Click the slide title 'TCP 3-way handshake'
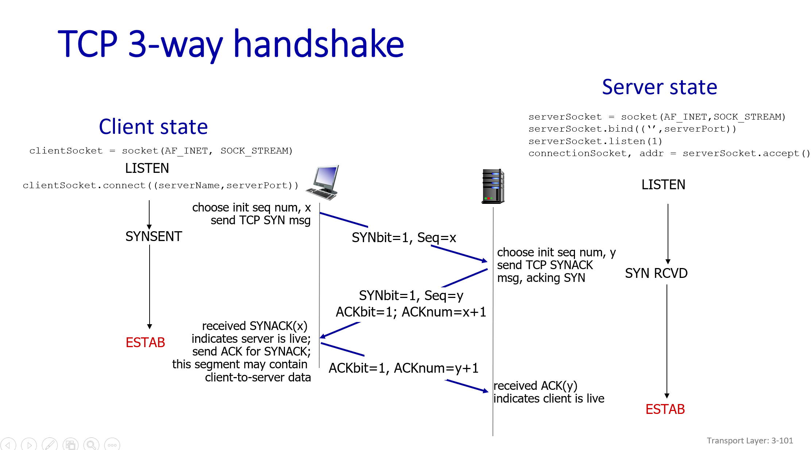(231, 44)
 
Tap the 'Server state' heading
(660, 87)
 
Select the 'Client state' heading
(153, 127)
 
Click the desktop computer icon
(323, 182)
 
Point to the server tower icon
(493, 186)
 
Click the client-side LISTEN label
(147, 168)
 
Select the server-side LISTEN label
(663, 185)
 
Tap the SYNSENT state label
(154, 236)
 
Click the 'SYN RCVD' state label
(656, 273)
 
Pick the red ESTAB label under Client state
(145, 342)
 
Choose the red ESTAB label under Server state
(665, 409)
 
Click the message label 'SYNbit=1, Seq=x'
(404, 237)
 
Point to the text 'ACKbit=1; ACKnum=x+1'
(411, 312)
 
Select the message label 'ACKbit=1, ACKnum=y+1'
(403, 368)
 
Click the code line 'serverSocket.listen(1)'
(595, 141)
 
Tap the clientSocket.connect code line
(161, 185)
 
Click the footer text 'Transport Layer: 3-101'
(750, 441)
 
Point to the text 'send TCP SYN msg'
(260, 220)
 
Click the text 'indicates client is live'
(549, 398)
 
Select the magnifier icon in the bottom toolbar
(91, 445)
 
